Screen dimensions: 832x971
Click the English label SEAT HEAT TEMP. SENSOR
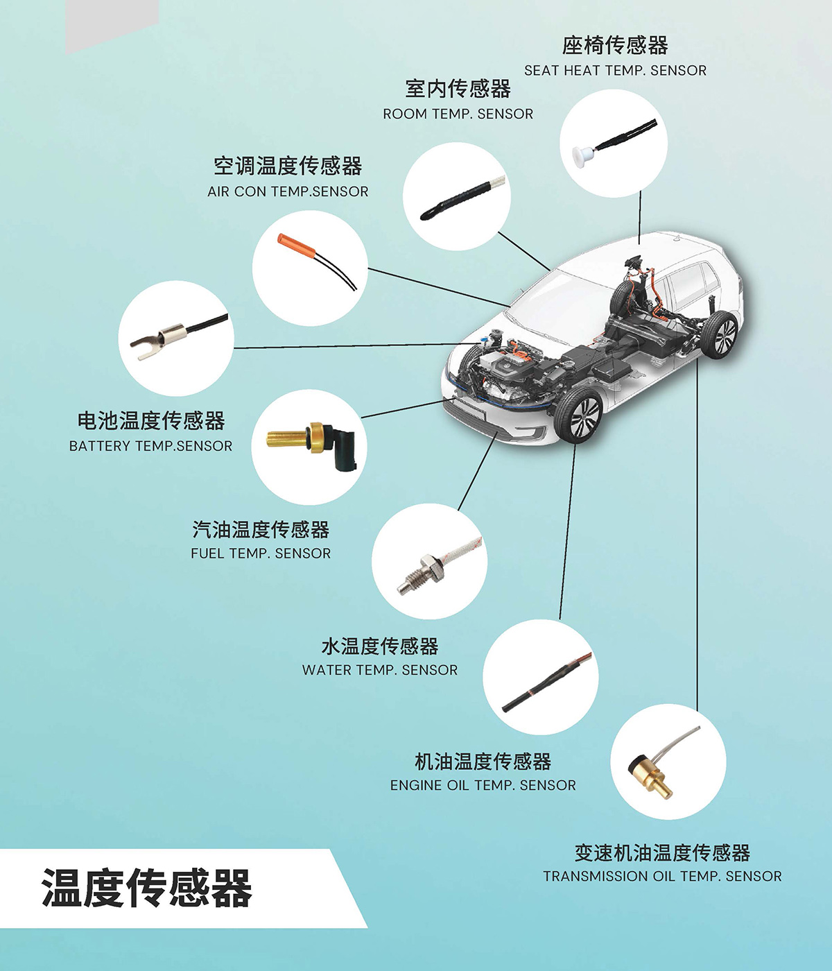pos(615,71)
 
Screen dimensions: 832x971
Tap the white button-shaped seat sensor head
pos(582,153)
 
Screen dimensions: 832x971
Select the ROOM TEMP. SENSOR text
pos(458,114)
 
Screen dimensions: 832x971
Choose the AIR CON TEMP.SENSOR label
pos(288,191)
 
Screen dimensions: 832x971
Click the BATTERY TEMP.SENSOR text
pos(150,446)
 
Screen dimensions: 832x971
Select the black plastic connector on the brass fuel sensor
pos(343,446)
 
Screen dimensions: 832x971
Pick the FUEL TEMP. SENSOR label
pos(261,553)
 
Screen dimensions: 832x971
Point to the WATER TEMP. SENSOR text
pos(380,670)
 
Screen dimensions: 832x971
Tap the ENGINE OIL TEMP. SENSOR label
pos(483,785)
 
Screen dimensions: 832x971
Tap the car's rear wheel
pos(720,334)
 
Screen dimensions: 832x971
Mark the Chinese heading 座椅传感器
pos(615,46)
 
